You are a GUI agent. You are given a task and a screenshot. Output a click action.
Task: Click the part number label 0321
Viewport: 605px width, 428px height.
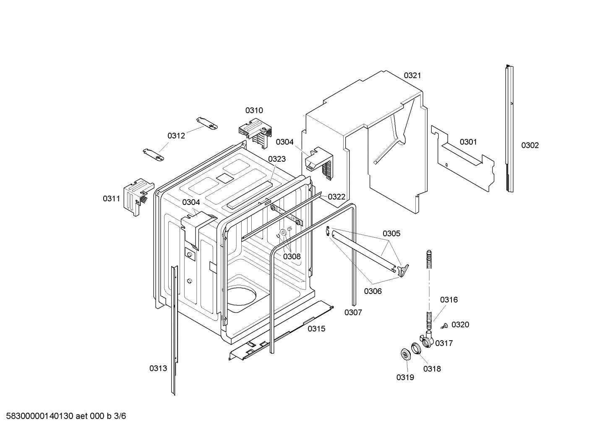coord(412,76)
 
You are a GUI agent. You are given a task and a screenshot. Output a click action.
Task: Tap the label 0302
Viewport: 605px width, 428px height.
coord(530,145)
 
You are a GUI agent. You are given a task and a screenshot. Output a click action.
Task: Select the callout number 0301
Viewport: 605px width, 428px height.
coord(468,142)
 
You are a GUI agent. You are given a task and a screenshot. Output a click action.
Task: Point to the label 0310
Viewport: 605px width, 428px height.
coord(254,110)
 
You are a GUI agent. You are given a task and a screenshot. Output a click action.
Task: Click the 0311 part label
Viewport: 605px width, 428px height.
coord(111,199)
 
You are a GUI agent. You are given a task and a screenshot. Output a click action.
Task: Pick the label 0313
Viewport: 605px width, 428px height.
coord(158,368)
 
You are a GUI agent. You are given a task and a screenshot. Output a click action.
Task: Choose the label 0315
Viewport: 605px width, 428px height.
coord(316,329)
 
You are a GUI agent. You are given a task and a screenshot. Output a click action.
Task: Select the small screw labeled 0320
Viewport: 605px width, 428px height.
coord(444,325)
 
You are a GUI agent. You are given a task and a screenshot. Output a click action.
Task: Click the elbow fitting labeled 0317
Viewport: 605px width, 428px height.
coord(426,339)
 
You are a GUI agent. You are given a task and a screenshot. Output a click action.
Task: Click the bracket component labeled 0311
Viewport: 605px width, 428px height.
coord(135,196)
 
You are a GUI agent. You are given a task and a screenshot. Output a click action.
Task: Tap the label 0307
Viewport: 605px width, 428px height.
coord(353,312)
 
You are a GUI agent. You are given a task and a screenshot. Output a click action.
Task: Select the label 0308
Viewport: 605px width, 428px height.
coord(292,256)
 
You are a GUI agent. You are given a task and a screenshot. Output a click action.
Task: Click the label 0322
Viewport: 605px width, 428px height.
coord(336,197)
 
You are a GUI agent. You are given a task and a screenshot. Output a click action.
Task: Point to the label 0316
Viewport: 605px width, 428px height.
coord(449,300)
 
